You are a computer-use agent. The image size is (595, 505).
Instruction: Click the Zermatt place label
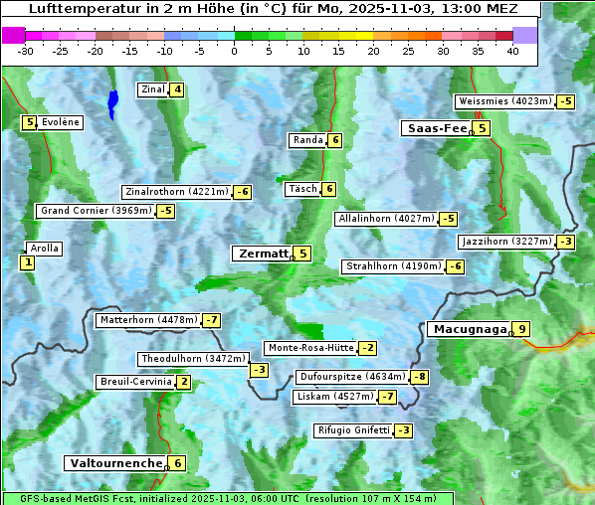[x=262, y=253]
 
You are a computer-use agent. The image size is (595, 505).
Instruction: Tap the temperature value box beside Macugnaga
[x=521, y=329]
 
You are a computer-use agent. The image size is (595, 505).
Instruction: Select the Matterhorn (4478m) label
[x=147, y=320]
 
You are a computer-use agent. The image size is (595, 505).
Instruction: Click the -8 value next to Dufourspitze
[x=420, y=377]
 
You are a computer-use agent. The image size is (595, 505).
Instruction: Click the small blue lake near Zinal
[x=112, y=101]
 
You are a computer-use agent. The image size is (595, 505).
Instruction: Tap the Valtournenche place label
[x=114, y=462]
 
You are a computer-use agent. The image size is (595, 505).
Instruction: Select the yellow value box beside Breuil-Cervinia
[x=183, y=382]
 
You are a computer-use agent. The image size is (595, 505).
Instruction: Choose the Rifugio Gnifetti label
[x=352, y=430]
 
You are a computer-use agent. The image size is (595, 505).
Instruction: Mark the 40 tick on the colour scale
[x=512, y=51]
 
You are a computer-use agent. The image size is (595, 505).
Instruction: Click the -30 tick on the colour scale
[x=26, y=51]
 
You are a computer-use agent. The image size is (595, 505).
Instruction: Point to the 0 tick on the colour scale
[x=235, y=51]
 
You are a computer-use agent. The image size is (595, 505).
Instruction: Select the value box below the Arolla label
[x=27, y=262]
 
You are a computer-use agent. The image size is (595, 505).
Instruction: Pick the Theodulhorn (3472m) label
[x=192, y=359]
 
